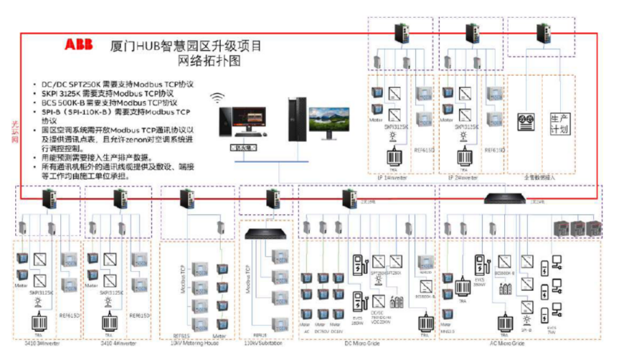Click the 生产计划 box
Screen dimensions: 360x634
pyautogui.click(x=559, y=123)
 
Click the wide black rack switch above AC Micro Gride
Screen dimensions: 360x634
pyautogui.click(x=506, y=197)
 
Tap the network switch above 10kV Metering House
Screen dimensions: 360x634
pyautogui.click(x=188, y=197)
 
